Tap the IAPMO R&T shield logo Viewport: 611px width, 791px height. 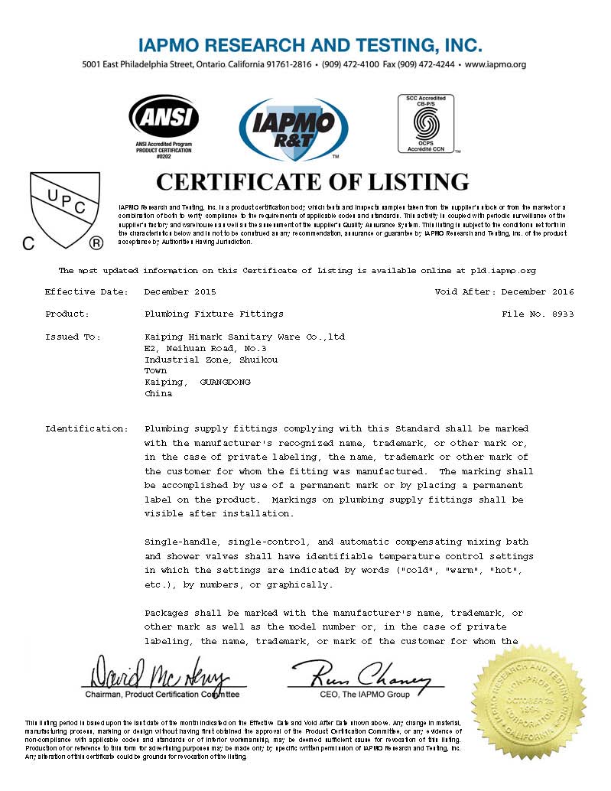[294, 129]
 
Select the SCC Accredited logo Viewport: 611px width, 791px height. [426, 124]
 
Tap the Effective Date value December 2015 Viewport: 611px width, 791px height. [180, 292]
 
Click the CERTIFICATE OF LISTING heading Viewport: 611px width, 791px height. [312, 181]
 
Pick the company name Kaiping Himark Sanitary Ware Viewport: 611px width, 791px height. [245, 337]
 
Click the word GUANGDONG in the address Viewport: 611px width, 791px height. [225, 382]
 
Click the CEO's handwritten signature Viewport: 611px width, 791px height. [360, 673]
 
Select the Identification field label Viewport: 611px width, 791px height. [86, 428]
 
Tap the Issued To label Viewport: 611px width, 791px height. [73, 337]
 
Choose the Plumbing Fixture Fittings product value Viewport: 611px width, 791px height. [213, 314]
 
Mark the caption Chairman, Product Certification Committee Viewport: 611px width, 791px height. [161, 695]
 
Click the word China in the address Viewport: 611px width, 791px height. [158, 393]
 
